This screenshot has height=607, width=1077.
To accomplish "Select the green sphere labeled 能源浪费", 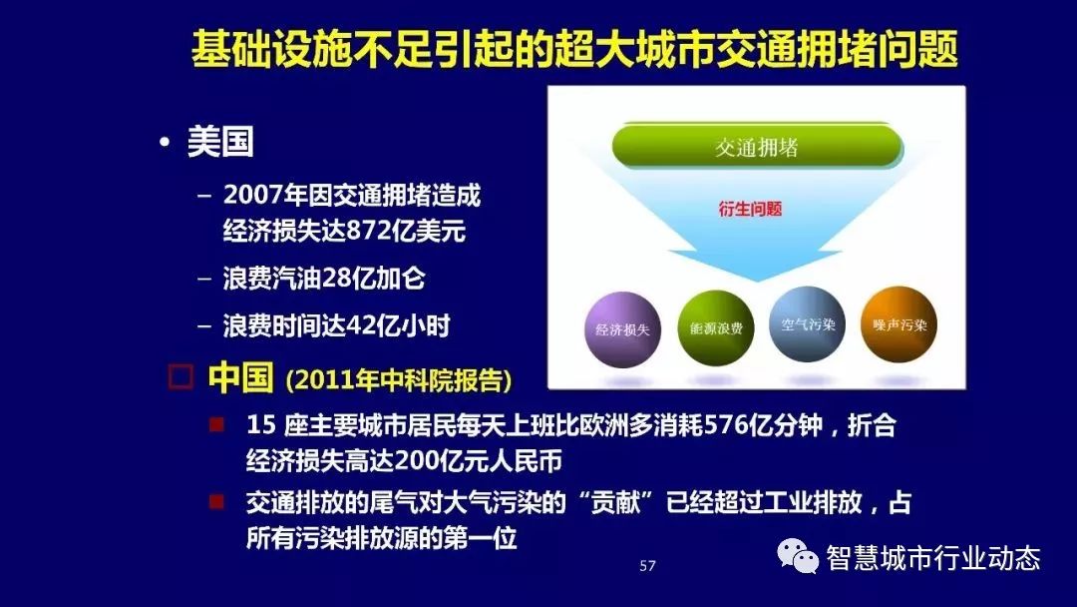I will (x=715, y=327).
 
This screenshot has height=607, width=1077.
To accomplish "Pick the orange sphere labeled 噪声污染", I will (x=899, y=325).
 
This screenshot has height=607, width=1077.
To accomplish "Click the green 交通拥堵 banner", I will (x=757, y=148).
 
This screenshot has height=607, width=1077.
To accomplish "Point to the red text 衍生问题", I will (x=750, y=210).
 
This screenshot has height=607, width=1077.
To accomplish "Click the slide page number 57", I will (x=647, y=566).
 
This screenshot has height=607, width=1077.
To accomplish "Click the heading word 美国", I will (x=220, y=142).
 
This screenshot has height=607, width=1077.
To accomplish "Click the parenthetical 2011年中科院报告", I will (x=399, y=380).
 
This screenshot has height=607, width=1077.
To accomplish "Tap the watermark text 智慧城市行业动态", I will (x=933, y=557).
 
